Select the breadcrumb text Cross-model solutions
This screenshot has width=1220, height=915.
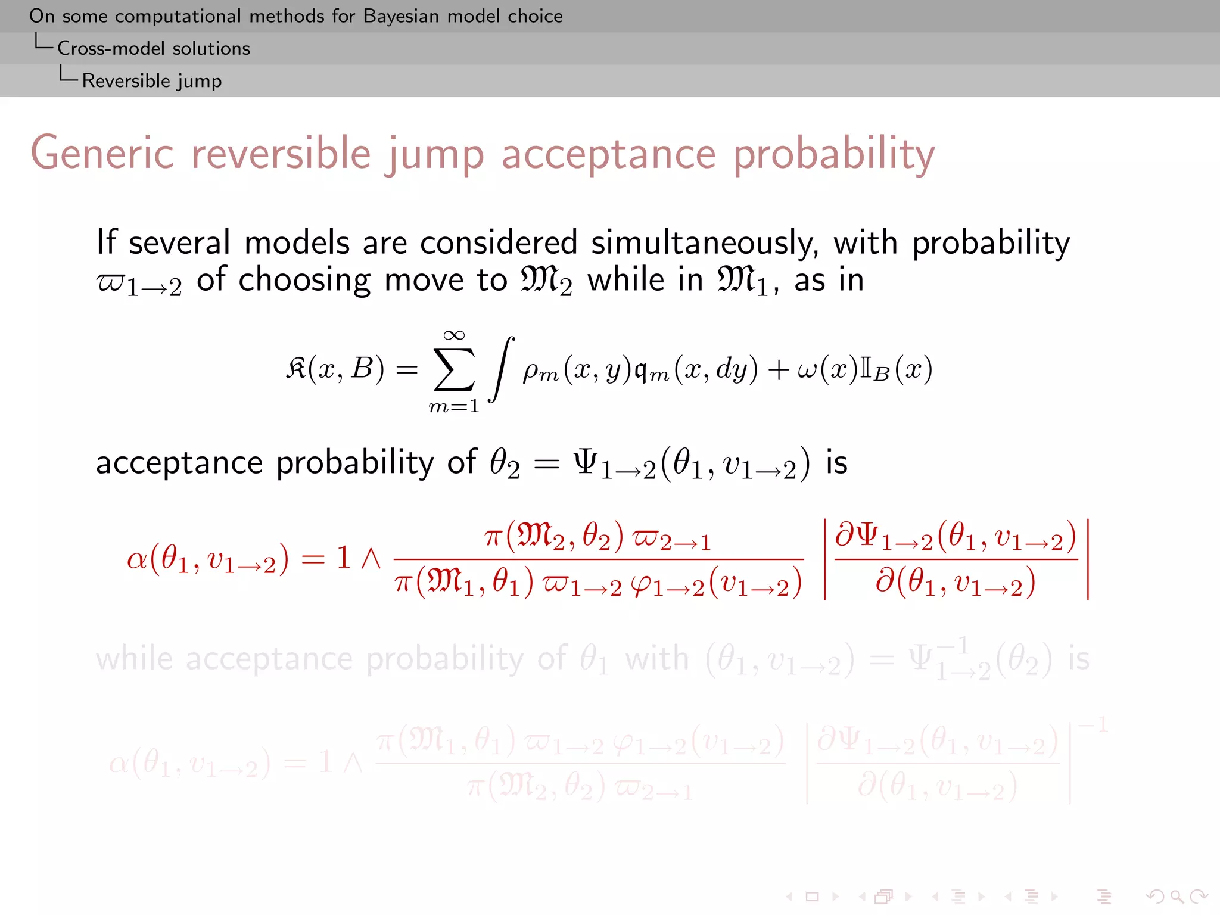click(154, 48)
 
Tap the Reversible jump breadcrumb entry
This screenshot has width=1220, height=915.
click(152, 80)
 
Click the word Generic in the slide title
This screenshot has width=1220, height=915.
click(102, 154)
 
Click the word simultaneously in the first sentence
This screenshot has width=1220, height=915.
click(704, 243)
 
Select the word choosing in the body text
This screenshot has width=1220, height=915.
click(304, 280)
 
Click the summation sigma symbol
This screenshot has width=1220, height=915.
click(454, 369)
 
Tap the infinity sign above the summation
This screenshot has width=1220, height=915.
click(454, 335)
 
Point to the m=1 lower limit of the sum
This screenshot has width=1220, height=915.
click(454, 406)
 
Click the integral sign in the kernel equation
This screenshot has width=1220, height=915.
click(501, 369)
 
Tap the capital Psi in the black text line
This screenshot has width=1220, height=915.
click(585, 462)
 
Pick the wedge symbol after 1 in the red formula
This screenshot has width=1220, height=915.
click(371, 559)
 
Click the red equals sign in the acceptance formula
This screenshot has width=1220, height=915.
click(313, 559)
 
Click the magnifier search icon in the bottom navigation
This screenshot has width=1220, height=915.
click(1177, 896)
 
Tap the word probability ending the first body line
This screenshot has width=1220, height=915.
click(991, 244)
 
